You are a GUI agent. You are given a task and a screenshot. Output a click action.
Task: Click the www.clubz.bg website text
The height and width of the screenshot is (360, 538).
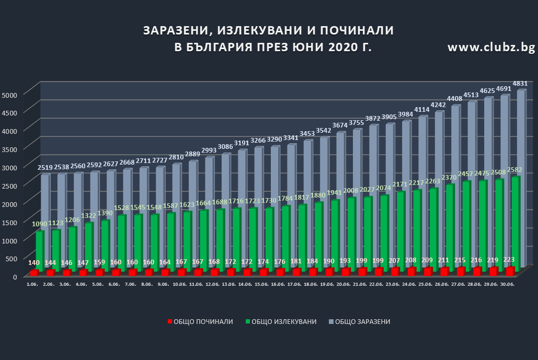(x=491, y=48)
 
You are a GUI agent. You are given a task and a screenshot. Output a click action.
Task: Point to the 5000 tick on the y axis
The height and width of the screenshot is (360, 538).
(x=10, y=95)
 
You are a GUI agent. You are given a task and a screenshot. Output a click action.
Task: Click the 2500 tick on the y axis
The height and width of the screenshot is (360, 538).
(x=10, y=185)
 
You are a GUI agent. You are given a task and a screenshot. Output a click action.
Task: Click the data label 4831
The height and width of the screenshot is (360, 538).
(x=519, y=84)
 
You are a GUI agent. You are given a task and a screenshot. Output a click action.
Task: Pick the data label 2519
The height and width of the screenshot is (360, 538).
(x=45, y=168)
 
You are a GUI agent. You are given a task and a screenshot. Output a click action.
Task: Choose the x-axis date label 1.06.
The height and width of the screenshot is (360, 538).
(x=33, y=284)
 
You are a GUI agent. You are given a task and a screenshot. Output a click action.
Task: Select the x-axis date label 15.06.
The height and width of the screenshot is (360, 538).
(x=261, y=284)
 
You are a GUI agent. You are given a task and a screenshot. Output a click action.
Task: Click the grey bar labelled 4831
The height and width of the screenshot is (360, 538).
(x=521, y=178)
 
